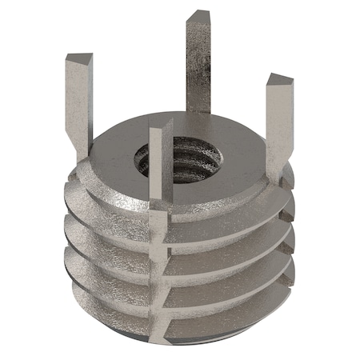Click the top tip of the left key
(78, 58)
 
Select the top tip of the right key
(281, 80)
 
